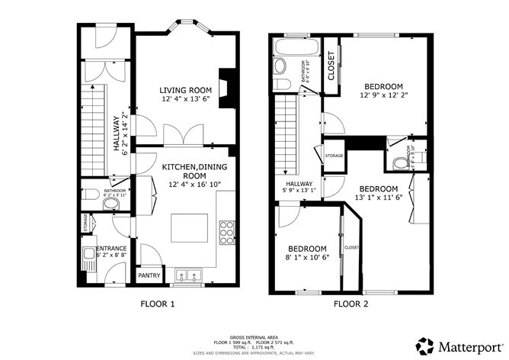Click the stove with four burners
226,232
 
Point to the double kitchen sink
186,276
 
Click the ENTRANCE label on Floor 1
110,249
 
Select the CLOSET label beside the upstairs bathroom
331,66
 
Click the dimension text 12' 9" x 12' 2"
383,95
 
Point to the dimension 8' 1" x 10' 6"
307,257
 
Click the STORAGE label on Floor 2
334,156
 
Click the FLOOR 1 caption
158,304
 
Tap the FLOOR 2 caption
351,304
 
